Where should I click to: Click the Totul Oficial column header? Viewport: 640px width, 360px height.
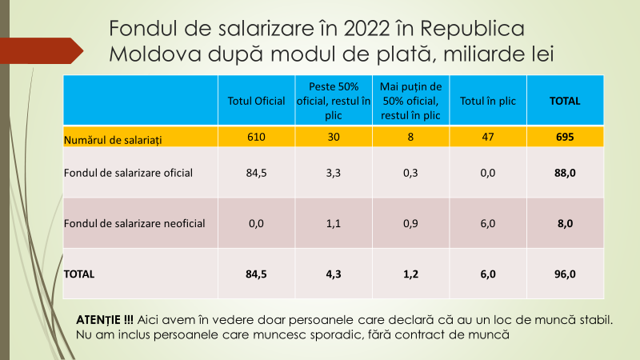click(257, 101)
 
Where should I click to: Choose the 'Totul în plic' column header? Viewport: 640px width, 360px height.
click(487, 101)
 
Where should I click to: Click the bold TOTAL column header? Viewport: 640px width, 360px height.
click(565, 101)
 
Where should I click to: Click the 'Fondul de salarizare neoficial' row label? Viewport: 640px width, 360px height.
click(134, 223)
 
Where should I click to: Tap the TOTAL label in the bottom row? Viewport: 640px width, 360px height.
click(79, 274)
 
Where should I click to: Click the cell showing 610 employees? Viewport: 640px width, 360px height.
click(257, 138)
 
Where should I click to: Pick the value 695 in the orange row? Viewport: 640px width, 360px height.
click(565, 138)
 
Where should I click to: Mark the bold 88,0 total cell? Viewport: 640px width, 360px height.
click(565, 172)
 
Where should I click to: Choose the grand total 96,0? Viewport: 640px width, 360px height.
click(565, 274)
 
